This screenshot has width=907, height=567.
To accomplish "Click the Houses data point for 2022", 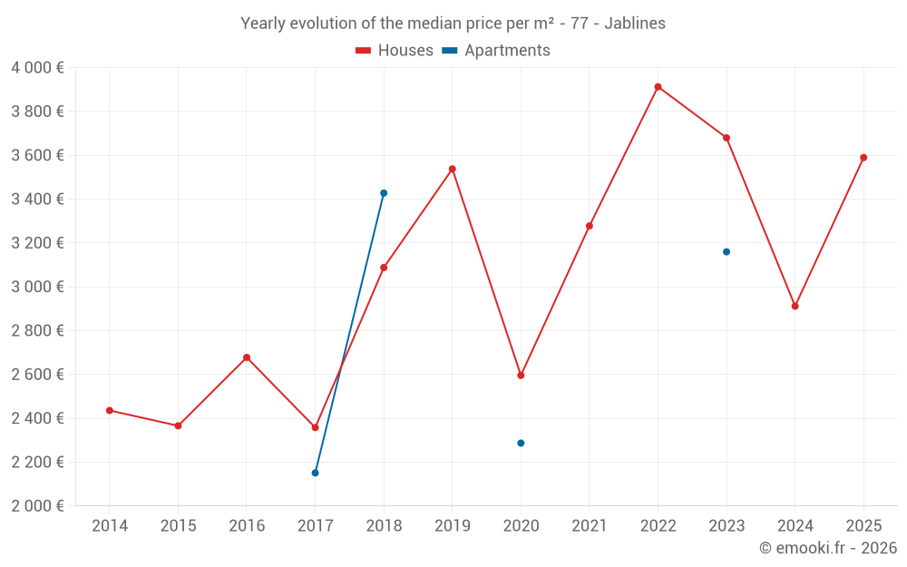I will pyautogui.click(x=658, y=87).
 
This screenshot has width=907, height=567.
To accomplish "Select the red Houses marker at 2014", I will pyautogui.click(x=110, y=411).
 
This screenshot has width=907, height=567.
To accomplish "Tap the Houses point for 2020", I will pyautogui.click(x=521, y=376).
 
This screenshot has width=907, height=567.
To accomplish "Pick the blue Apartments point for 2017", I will pyautogui.click(x=316, y=473).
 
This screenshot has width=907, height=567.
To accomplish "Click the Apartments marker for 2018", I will pyautogui.click(x=384, y=193).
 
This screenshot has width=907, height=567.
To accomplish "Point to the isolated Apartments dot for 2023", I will pyautogui.click(x=727, y=252).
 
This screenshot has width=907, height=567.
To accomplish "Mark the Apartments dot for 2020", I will pyautogui.click(x=521, y=444).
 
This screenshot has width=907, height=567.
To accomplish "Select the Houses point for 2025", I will pyautogui.click(x=863, y=158).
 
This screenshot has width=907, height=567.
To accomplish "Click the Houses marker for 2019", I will pyautogui.click(x=453, y=169).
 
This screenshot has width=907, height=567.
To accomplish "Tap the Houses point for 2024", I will pyautogui.click(x=795, y=307).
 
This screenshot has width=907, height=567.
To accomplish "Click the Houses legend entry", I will pyautogui.click(x=395, y=51).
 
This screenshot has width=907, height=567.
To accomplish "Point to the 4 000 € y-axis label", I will pyautogui.click(x=37, y=68).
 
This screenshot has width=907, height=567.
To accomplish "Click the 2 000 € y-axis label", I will pyautogui.click(x=37, y=506).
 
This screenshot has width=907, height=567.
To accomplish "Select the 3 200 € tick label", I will pyautogui.click(x=37, y=243).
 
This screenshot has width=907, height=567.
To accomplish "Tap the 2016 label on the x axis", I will pyautogui.click(x=247, y=526).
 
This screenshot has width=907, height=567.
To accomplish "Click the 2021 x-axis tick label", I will pyautogui.click(x=590, y=526).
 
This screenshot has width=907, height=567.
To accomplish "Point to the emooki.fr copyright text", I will pyautogui.click(x=827, y=548).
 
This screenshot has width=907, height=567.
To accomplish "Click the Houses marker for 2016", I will pyautogui.click(x=247, y=357).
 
